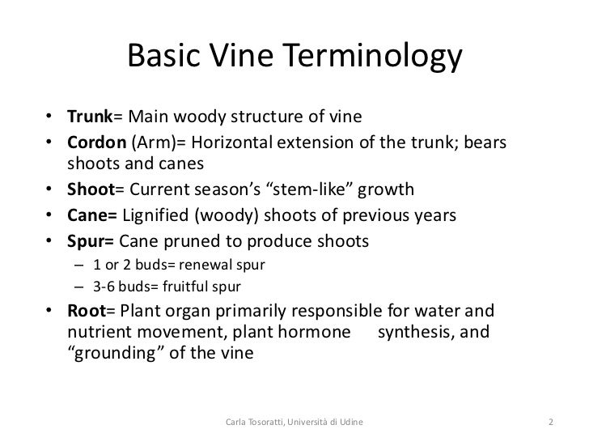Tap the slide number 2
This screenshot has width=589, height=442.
point(550,422)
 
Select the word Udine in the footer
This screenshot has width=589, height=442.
point(349,422)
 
